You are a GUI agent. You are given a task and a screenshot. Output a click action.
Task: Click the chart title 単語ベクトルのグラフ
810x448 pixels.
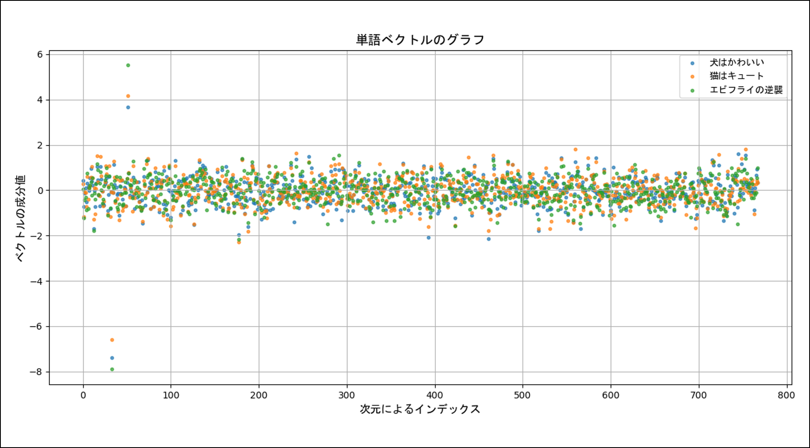[420, 40]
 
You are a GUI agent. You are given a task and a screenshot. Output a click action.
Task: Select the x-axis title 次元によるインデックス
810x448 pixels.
[420, 409]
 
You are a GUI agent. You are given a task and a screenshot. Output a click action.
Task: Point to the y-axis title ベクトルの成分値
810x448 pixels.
[20, 218]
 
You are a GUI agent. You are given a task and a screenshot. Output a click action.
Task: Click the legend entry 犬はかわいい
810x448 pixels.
[737, 63]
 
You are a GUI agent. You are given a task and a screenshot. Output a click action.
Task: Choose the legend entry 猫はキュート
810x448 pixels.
[737, 76]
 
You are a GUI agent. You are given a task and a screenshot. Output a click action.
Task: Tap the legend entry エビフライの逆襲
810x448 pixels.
[746, 90]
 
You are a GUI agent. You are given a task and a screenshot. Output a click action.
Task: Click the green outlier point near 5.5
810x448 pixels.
[128, 65]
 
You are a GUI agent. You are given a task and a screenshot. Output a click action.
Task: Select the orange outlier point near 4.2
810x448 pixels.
[128, 96]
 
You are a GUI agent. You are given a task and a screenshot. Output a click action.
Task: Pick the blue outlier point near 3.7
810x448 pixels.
[128, 107]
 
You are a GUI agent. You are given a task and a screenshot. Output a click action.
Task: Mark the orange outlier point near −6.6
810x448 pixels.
[112, 340]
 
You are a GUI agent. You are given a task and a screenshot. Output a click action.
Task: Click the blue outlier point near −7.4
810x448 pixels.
[112, 358]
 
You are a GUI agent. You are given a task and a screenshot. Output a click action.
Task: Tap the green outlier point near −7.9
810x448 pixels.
[112, 370]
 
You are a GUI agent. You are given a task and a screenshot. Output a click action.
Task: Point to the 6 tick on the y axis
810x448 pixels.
[40, 55]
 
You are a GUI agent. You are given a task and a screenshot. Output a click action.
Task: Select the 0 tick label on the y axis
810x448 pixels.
[40, 191]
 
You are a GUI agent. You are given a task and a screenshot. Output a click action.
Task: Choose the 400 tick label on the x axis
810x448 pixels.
[435, 396]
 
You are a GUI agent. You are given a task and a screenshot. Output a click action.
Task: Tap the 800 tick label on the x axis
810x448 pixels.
[786, 396]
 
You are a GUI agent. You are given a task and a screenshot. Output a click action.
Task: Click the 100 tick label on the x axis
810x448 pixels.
[171, 396]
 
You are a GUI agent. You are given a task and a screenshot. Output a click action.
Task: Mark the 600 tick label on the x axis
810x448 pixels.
[610, 396]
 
